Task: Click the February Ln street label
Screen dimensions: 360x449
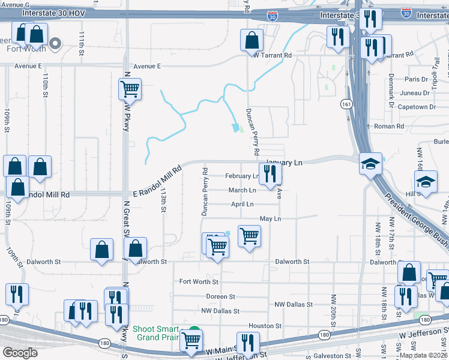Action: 241,176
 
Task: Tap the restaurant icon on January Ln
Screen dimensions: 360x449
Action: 270,174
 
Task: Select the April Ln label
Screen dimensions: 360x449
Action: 243,205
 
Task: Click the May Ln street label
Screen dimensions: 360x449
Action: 270,219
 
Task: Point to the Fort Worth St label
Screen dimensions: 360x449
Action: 199,281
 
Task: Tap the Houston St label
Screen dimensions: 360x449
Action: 265,326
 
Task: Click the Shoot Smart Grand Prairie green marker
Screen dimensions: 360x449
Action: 194,330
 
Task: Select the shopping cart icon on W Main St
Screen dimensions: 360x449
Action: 191,341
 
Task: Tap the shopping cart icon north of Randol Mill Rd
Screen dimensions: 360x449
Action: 130,90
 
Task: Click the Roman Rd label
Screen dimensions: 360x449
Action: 389,127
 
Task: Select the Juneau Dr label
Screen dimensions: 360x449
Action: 414,93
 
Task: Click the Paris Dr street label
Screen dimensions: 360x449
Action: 416,79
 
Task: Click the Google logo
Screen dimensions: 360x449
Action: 20,353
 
